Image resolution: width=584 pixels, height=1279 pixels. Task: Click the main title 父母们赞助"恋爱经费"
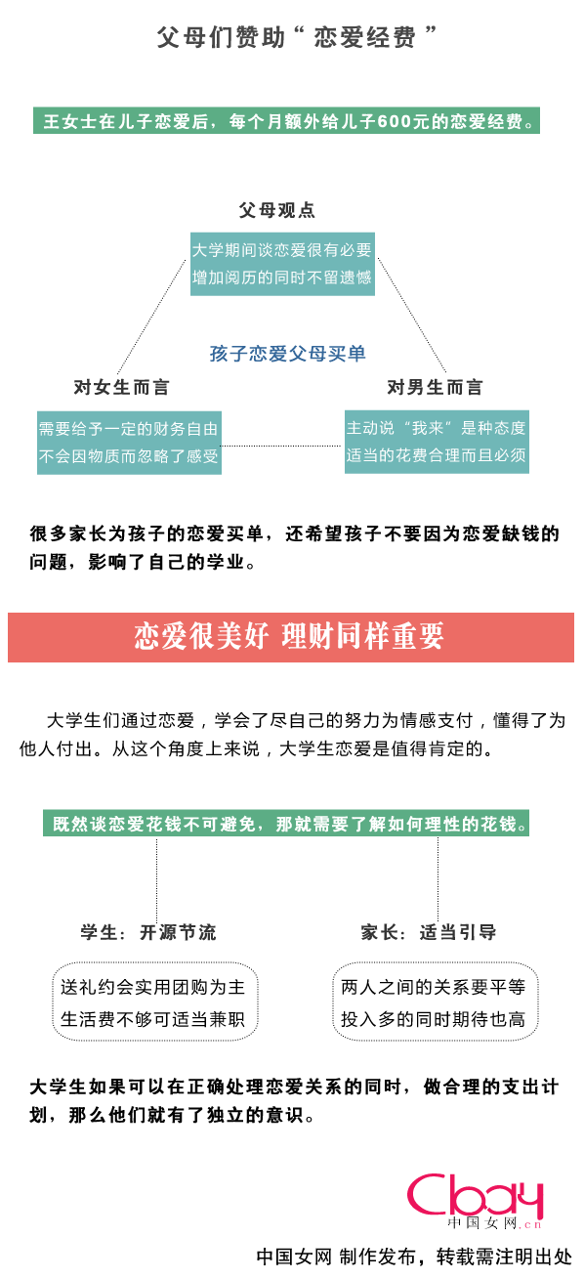point(296,37)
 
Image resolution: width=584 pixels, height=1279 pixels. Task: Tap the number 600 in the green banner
point(394,121)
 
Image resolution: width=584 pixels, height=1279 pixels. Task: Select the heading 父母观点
point(277,210)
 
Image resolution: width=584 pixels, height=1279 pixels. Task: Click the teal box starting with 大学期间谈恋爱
point(282,264)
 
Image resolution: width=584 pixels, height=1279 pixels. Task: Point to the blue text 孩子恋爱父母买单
point(288,354)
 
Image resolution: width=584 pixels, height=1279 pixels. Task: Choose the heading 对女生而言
point(122,387)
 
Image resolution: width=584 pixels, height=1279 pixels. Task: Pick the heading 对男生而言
point(435,387)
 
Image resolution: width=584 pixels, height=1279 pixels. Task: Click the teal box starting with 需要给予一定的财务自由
point(129,443)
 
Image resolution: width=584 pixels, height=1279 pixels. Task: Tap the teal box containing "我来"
point(437,442)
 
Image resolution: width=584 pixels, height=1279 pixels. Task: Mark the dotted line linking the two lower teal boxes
point(282,446)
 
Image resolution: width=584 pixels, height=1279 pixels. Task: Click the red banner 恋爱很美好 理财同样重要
point(291,637)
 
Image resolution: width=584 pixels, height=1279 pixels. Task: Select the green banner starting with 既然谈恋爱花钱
point(286,823)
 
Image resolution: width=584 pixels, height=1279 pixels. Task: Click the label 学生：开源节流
point(148,932)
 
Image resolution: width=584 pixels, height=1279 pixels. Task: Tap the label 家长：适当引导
point(428,932)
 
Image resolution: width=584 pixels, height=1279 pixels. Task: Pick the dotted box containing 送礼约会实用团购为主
point(154,1002)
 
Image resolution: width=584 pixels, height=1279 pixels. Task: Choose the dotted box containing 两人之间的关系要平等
point(435,1002)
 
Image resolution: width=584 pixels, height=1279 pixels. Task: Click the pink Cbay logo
point(475,1200)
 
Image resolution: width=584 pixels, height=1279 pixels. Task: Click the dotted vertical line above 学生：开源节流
point(157,879)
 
